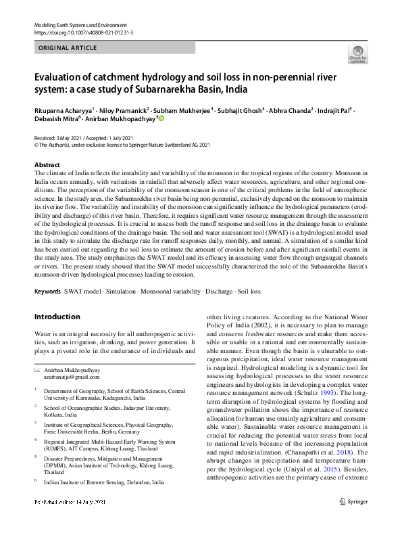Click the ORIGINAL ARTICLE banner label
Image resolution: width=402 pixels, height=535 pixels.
pos(68,48)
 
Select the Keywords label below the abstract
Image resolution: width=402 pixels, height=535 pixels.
pos(47,292)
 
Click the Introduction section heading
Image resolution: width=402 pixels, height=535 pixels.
pos(57,317)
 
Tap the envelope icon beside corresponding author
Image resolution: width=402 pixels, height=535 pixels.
pos(37,371)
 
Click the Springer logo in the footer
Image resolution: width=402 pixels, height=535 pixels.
pos(354,520)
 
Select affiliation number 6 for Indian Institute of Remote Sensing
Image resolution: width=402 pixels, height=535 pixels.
pos(36,482)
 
